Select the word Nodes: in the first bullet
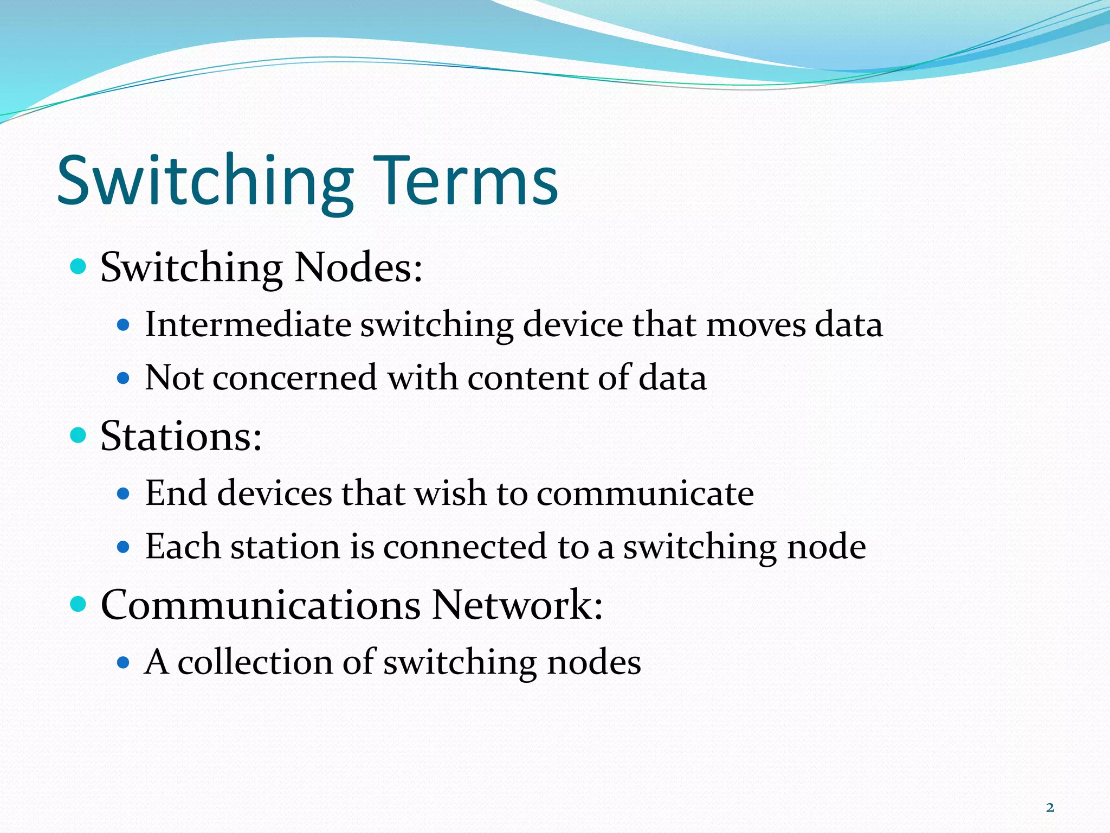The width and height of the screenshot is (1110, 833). coord(358,267)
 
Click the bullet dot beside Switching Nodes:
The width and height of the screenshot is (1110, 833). coord(79,266)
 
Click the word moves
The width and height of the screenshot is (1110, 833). coord(756,325)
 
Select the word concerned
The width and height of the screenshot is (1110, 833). coord(294,377)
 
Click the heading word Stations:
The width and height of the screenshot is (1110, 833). coord(182,436)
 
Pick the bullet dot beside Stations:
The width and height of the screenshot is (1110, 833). coord(79,435)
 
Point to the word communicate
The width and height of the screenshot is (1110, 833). coord(645,494)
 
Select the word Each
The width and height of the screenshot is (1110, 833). coord(182,546)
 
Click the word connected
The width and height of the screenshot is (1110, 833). coord(465,547)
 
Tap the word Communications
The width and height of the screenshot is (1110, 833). coord(261,605)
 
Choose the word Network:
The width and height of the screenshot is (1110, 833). coord(517,605)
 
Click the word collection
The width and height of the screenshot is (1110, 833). coord(255,662)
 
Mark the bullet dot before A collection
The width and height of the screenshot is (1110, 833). coord(124,662)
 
